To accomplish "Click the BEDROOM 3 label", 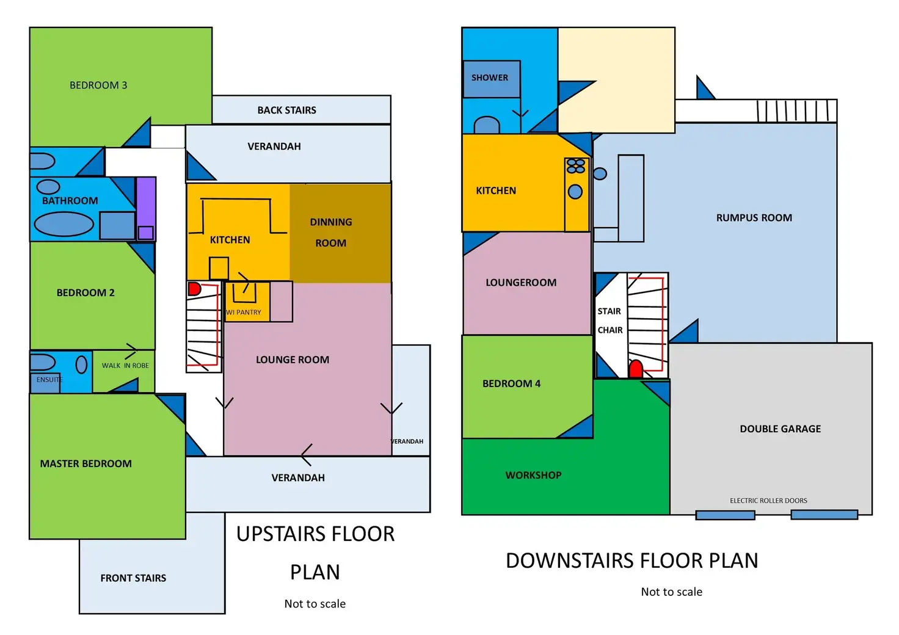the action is coord(98,85).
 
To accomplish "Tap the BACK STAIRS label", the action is coord(286,110).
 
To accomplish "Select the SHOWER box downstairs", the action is coord(491,79).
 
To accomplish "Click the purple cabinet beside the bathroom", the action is coord(146,208).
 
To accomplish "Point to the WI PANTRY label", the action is coord(243,312).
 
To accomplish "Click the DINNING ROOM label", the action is coord(330,232).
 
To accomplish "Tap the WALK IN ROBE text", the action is coord(125,366).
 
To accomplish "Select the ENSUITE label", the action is coord(49,380).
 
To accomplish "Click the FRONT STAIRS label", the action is coord(133,578).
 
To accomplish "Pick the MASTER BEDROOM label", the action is coord(86,463).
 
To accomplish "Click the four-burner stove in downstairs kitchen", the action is coord(576,166).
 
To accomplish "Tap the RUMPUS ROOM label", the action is coord(754,218).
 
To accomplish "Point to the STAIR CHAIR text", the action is coord(610,321).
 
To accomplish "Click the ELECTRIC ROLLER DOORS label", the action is coord(768,501).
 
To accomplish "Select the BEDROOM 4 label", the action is coord(511,383).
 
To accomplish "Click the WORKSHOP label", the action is coord(533,476).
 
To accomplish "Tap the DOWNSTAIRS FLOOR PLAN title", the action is coord(631,561).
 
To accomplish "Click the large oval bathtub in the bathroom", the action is coord(64,224).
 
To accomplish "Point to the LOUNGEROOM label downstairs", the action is coord(521,283).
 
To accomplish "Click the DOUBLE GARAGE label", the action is coord(780,429).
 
